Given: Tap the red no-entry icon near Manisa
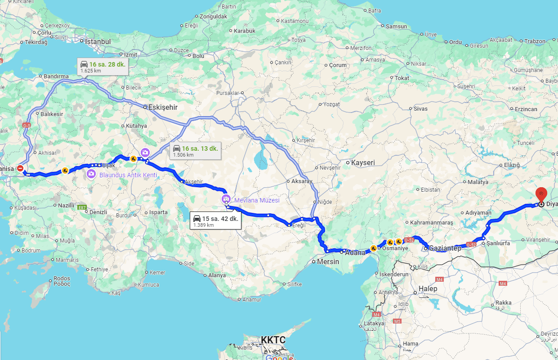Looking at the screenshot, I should coord(20,168).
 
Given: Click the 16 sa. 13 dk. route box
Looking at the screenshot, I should coord(196,151).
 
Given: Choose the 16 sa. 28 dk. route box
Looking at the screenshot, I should coord(103,67).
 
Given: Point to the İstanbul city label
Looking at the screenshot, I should coord(98,41).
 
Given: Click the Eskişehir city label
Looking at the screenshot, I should coord(163,108).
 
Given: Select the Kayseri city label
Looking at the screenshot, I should coord(363,162).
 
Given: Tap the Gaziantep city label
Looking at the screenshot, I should coord(445,248).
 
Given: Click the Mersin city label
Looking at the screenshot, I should coord(328,261).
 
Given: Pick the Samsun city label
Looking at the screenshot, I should coord(396,27).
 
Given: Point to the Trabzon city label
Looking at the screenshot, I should coord(535,41).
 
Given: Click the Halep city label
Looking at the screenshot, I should coord(428,288).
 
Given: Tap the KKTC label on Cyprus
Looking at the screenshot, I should coord(273,340).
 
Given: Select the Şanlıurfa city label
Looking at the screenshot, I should coord(498,243).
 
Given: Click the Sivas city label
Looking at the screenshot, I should coord(420,108).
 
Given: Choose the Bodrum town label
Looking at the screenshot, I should coord(31,250).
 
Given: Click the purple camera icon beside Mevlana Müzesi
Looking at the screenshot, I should coord(225,199).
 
